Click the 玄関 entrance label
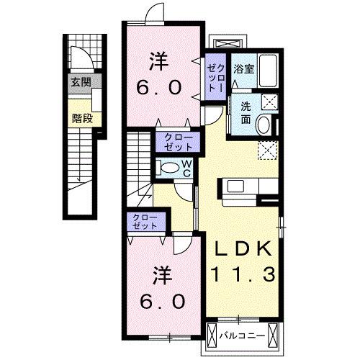(81, 82)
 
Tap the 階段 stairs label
(82, 119)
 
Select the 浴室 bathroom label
(244, 69)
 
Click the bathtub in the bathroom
(268, 71)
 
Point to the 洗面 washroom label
(246, 113)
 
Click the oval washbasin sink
(264, 125)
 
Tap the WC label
(186, 168)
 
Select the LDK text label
(243, 248)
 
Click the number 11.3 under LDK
(243, 275)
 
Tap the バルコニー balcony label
(243, 336)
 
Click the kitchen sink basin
(235, 186)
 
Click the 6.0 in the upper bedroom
(158, 87)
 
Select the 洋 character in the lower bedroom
(163, 275)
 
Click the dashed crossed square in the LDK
(268, 150)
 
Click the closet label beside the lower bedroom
(145, 222)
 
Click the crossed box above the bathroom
(228, 44)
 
